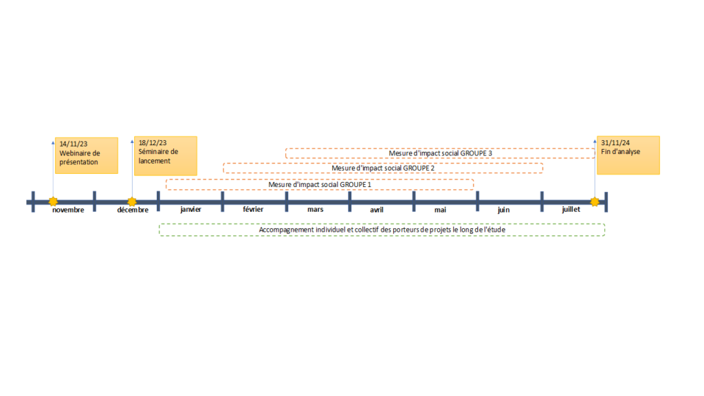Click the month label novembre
[68, 210]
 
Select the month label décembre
[133, 210]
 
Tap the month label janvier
[191, 209]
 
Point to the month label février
[253, 209]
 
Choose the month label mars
[315, 209]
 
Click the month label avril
[377, 210]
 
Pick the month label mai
[440, 210]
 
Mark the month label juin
[504, 210]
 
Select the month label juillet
[571, 209]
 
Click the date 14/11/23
[73, 144]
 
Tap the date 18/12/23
[153, 143]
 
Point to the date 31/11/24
[615, 143]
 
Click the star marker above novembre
[53, 201]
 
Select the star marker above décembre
[131, 201]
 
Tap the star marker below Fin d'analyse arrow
[595, 201]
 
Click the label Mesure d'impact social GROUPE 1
[320, 184]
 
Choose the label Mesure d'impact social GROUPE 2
[383, 168]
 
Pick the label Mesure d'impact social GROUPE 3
[441, 153]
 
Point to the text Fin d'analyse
[621, 152]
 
